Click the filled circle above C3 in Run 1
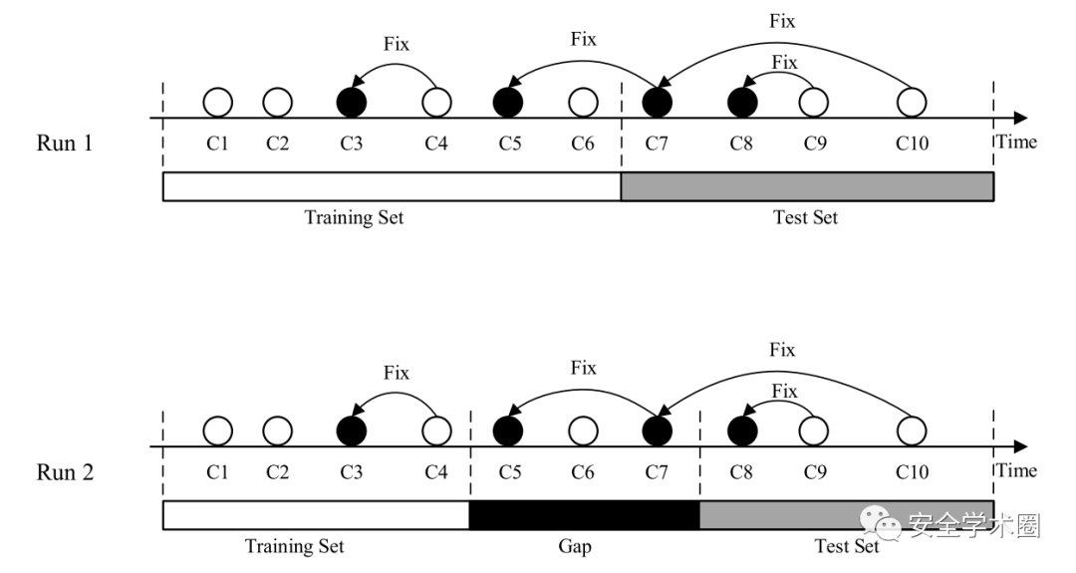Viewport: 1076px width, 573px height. (352, 102)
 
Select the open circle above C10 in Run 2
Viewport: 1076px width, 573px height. (911, 430)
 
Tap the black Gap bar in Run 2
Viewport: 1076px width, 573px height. (584, 515)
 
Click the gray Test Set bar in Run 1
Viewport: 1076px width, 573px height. (807, 186)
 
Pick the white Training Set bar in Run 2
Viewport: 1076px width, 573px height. (315, 515)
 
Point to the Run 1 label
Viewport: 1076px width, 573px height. (65, 143)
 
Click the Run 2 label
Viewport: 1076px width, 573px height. (65, 472)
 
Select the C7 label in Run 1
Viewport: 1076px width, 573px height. (657, 143)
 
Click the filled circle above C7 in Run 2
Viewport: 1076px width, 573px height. (657, 430)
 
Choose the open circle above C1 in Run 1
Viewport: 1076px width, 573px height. (217, 102)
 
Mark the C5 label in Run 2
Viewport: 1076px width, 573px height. (509, 472)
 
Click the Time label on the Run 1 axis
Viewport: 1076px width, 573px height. (1017, 142)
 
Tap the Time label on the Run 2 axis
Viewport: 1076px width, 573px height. (1017, 470)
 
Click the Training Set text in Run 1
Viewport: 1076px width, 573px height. (354, 217)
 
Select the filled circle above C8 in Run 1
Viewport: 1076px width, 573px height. (741, 102)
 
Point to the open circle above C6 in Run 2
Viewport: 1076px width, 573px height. (583, 430)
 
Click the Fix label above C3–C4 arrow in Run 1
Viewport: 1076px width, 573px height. (397, 45)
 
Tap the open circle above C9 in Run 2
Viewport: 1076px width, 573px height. (814, 430)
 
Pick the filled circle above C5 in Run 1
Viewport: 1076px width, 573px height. (508, 102)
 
